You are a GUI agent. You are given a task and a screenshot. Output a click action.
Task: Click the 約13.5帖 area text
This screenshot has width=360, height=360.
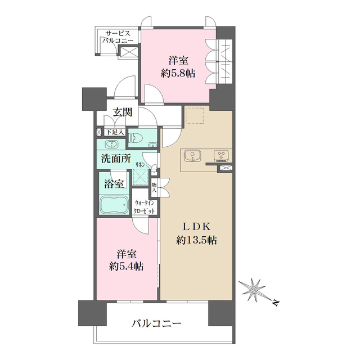(x=196, y=241)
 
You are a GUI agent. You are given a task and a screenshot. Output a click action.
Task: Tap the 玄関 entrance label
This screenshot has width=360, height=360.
(x=123, y=112)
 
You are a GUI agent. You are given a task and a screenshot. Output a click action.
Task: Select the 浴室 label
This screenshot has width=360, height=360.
(x=114, y=183)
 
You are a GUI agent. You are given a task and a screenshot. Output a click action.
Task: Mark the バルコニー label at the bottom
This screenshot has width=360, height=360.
(x=157, y=324)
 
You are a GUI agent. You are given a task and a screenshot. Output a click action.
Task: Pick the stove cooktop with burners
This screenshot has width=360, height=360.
(x=220, y=155)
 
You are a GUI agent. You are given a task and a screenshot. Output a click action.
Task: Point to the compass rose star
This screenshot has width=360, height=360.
(x=255, y=290)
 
